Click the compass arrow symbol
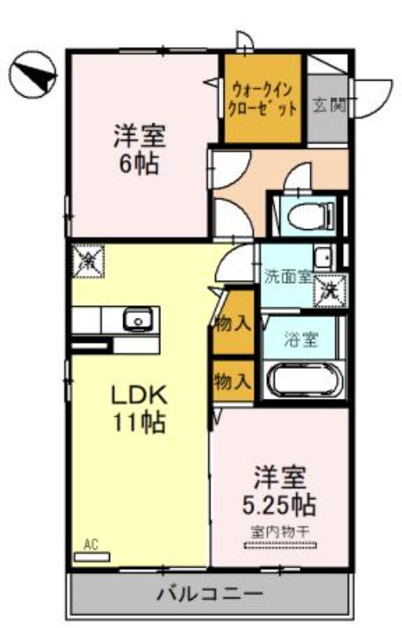click(x=34, y=75)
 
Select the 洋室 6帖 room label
click(x=138, y=149)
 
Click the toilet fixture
click(x=308, y=214)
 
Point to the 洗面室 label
click(x=287, y=276)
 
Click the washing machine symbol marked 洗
click(x=329, y=290)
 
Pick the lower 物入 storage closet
click(x=232, y=382)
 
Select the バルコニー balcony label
click(x=208, y=592)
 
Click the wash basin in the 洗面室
click(x=321, y=257)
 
